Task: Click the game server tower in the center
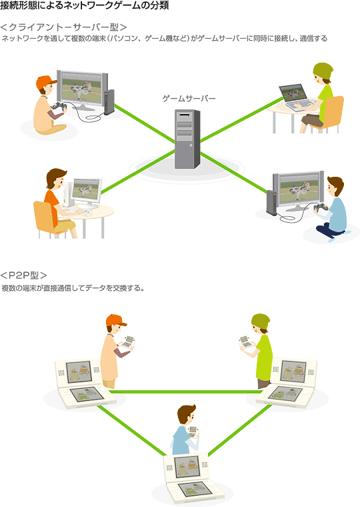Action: [x=187, y=139]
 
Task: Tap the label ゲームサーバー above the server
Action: [x=189, y=98]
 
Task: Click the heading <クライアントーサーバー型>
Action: [x=63, y=27]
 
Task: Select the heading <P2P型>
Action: [x=23, y=275]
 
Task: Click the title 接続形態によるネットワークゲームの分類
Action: [x=85, y=5]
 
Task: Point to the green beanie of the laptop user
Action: [x=323, y=71]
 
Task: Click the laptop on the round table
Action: [x=297, y=97]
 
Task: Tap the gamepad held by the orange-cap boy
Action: [x=59, y=106]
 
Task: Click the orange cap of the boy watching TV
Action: [x=45, y=83]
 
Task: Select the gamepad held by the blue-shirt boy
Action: [x=321, y=207]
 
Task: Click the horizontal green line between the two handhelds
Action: [x=187, y=392]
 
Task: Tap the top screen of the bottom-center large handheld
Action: [x=187, y=466]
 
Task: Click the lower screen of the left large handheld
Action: [x=87, y=394]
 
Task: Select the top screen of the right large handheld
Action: [x=293, y=370]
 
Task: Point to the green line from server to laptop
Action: [x=242, y=119]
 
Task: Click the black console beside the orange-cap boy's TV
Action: [x=109, y=102]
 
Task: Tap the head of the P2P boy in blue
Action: [x=187, y=416]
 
